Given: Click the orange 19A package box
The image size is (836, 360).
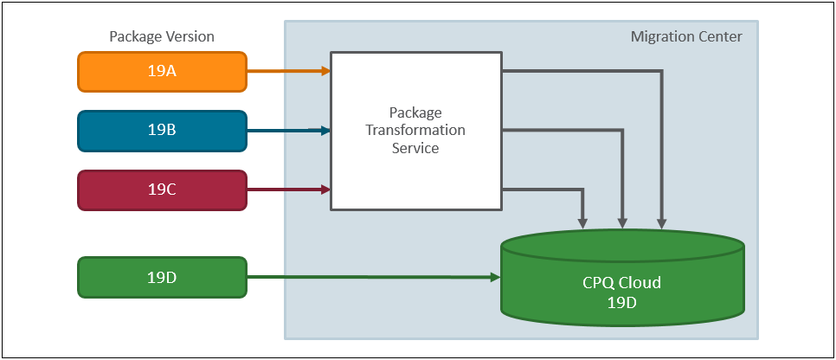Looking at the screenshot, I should pyautogui.click(x=162, y=72).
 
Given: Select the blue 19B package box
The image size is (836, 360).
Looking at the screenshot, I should pyautogui.click(x=162, y=131).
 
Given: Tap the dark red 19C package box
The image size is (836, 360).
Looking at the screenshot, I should pyautogui.click(x=162, y=190).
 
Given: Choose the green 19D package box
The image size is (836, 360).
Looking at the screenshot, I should pyautogui.click(x=162, y=277).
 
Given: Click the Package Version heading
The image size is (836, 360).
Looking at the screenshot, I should pyautogui.click(x=162, y=36).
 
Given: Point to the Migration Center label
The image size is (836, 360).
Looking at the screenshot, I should pyautogui.click(x=686, y=36).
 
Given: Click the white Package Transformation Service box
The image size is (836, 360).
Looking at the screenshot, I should pyautogui.click(x=415, y=131).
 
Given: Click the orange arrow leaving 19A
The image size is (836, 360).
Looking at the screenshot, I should pyautogui.click(x=288, y=71).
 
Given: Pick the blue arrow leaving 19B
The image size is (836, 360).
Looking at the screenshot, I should pyautogui.click(x=288, y=131).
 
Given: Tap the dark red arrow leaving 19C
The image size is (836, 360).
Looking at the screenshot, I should pyautogui.click(x=288, y=189).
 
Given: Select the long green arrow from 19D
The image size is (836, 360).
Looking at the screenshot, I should pyautogui.click(x=372, y=277).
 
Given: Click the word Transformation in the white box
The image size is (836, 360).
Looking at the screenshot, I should pyautogui.click(x=415, y=130).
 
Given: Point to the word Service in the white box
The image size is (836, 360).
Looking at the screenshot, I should pyautogui.click(x=415, y=148).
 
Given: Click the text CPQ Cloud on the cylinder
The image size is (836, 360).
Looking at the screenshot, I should pyautogui.click(x=622, y=282).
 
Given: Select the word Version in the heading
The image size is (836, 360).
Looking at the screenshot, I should pyautogui.click(x=190, y=36).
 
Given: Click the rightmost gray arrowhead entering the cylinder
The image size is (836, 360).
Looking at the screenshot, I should pyautogui.click(x=662, y=223).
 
